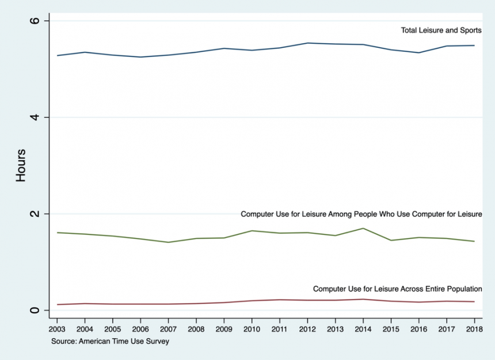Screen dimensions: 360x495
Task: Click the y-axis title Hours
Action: pyautogui.click(x=21, y=165)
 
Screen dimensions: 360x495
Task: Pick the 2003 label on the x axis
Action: pyautogui.click(x=57, y=329)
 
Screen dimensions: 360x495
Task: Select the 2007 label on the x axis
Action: pyautogui.click(x=168, y=329)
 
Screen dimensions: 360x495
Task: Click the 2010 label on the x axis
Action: pyautogui.click(x=252, y=329)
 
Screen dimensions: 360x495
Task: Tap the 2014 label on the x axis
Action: pyautogui.click(x=363, y=329)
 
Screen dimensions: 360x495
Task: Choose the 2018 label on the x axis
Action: pyautogui.click(x=474, y=329)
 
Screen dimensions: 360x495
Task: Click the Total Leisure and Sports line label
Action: pyautogui.click(x=441, y=31)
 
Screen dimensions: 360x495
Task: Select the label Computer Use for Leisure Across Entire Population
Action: pyautogui.click(x=397, y=289)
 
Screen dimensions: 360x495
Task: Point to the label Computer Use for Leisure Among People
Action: pyautogui.click(x=361, y=214)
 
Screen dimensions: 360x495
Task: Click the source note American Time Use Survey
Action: pyautogui.click(x=110, y=341)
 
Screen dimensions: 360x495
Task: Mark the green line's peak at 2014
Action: pyautogui.click(x=363, y=228)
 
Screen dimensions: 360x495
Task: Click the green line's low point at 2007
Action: pyautogui.click(x=168, y=242)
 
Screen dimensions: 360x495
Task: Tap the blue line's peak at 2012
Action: pyautogui.click(x=307, y=43)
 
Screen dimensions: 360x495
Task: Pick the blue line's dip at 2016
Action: pyautogui.click(x=418, y=52)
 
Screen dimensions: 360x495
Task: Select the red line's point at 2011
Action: pyautogui.click(x=279, y=300)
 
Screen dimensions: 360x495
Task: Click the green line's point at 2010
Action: pyautogui.click(x=252, y=230)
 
